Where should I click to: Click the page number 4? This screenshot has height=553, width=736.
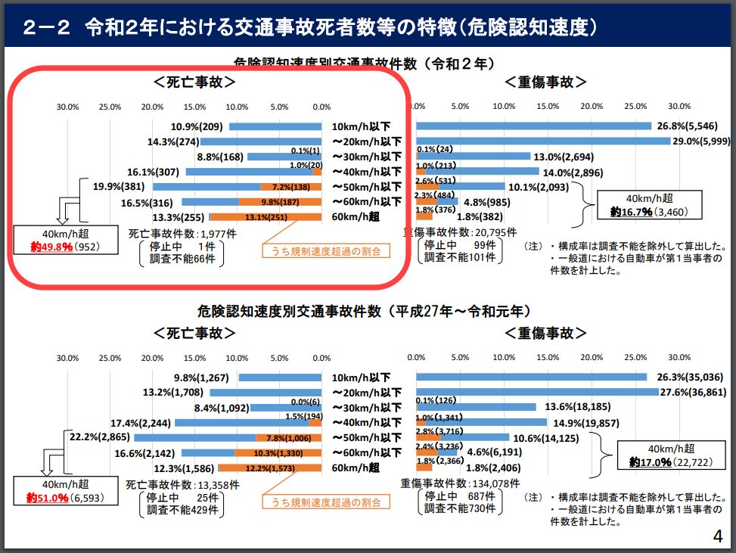pyautogui.click(x=717, y=536)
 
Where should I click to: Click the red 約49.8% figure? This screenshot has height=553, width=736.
pyautogui.click(x=52, y=247)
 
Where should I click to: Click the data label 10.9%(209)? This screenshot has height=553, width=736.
pyautogui.click(x=197, y=126)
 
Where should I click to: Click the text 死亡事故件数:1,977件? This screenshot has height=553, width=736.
pyautogui.click(x=172, y=234)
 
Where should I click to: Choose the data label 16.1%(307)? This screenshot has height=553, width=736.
pyautogui.click(x=154, y=172)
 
